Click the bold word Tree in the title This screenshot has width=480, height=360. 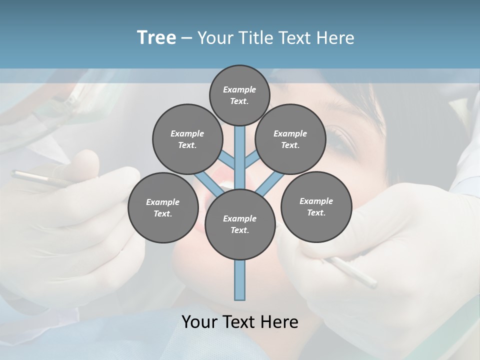(156, 37)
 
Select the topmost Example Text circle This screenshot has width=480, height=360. (239, 95)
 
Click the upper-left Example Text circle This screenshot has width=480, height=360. (187, 139)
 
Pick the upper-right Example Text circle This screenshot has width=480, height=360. (290, 139)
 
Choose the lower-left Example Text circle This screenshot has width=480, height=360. (163, 208)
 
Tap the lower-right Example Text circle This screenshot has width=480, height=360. (316, 207)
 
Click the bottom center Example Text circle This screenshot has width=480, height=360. (240, 224)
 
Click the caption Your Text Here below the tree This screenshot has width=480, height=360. (240, 322)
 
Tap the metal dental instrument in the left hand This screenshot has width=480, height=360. (35, 177)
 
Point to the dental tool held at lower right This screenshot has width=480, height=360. (352, 272)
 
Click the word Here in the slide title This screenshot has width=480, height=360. (336, 38)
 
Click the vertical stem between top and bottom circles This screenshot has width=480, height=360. (240, 155)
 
